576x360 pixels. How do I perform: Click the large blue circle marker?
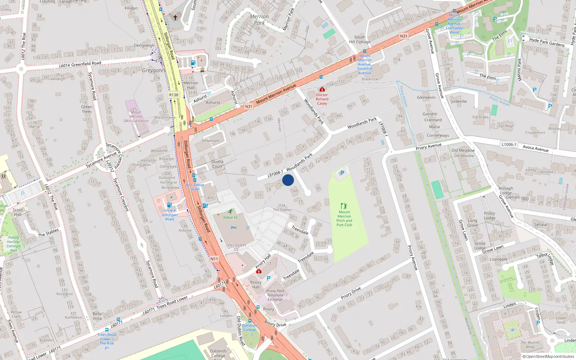pyautogui.click(x=288, y=180)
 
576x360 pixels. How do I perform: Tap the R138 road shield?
pyautogui.click(x=174, y=95)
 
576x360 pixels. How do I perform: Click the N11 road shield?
pyautogui.click(x=214, y=259)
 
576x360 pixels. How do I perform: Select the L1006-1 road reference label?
pyautogui.click(x=509, y=144)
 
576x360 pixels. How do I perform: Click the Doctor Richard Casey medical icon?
pyautogui.click(x=322, y=89)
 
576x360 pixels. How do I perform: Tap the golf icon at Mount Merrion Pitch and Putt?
pyautogui.click(x=344, y=206)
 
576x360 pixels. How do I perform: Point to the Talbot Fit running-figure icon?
pyautogui.click(x=230, y=212)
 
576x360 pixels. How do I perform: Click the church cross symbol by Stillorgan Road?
pyautogui.click(x=175, y=17)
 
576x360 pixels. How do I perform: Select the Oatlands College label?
pyautogui.click(x=218, y=353)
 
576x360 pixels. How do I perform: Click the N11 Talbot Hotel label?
pyautogui.click(x=195, y=187)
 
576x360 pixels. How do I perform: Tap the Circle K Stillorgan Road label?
pyautogui.click(x=170, y=215)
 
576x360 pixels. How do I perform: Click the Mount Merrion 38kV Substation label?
pyautogui.click(x=136, y=116)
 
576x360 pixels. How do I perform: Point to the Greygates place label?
pyautogui.click(x=154, y=70)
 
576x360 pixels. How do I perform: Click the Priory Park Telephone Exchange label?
pyautogui.click(x=275, y=295)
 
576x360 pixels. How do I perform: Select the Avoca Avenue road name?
pyautogui.click(x=535, y=148)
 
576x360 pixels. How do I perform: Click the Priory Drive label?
pyautogui.click(x=351, y=293)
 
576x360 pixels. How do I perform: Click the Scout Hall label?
pyautogui.click(x=18, y=212)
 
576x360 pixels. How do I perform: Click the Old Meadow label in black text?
pyautogui.click(x=463, y=150)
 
